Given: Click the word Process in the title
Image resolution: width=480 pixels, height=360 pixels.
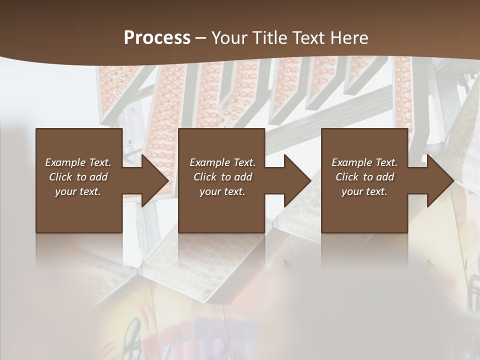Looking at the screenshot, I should click(x=157, y=38).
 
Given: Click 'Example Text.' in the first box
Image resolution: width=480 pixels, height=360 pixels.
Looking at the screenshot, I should click(x=78, y=162).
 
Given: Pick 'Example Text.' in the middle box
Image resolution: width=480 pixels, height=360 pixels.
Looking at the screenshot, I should click(x=222, y=162).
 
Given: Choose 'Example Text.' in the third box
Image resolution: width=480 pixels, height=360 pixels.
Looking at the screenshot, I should click(x=364, y=162).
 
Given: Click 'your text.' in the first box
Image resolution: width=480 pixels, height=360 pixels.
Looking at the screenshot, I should click(x=78, y=191).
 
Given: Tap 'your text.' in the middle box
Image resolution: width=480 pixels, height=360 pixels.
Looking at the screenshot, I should click(x=222, y=191).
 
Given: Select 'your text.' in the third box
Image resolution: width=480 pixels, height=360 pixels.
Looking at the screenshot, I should click(x=364, y=191).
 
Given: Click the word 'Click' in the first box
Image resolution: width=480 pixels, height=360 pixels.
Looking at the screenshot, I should click(x=60, y=177).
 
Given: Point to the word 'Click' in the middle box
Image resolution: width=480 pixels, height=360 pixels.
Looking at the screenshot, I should click(x=205, y=177).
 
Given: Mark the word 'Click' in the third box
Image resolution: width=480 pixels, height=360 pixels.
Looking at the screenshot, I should click(x=347, y=177).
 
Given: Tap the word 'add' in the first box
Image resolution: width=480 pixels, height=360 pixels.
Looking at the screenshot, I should click(x=98, y=177).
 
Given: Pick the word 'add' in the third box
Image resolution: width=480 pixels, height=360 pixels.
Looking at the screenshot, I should click(x=385, y=177).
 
